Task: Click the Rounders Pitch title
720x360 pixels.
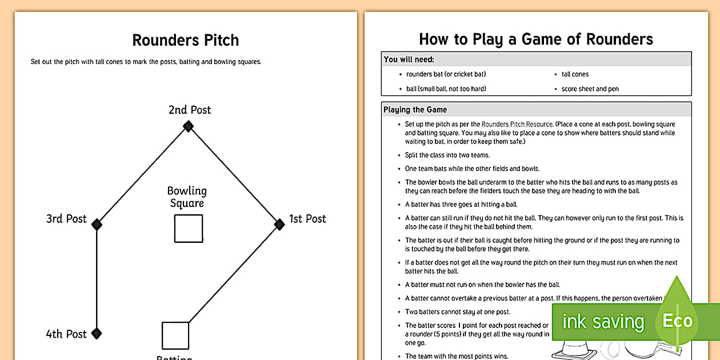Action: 186,41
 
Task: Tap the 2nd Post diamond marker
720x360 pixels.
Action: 188,126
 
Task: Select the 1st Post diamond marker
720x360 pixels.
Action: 279,225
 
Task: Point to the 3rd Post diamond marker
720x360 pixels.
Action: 97,225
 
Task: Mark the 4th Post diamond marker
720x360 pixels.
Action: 97,333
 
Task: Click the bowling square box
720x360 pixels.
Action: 189,229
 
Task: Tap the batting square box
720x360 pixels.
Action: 175,335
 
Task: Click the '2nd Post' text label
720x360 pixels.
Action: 190,110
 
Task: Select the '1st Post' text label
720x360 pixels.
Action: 307,219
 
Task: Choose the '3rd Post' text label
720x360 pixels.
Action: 66,219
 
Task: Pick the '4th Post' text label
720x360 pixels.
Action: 66,334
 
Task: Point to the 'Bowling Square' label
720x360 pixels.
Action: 187,197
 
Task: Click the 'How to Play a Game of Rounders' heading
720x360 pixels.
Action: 535,39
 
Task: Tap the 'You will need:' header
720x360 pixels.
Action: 409,59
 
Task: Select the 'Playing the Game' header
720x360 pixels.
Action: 415,110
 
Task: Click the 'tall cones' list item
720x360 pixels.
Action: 575,74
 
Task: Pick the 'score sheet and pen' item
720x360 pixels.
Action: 590,89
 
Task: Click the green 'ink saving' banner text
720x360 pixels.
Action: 603,322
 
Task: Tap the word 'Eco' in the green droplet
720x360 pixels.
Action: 677,321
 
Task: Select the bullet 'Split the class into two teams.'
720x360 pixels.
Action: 447,155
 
